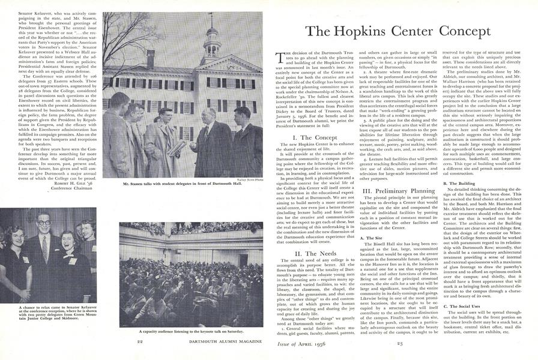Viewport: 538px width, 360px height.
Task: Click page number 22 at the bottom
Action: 139,341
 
